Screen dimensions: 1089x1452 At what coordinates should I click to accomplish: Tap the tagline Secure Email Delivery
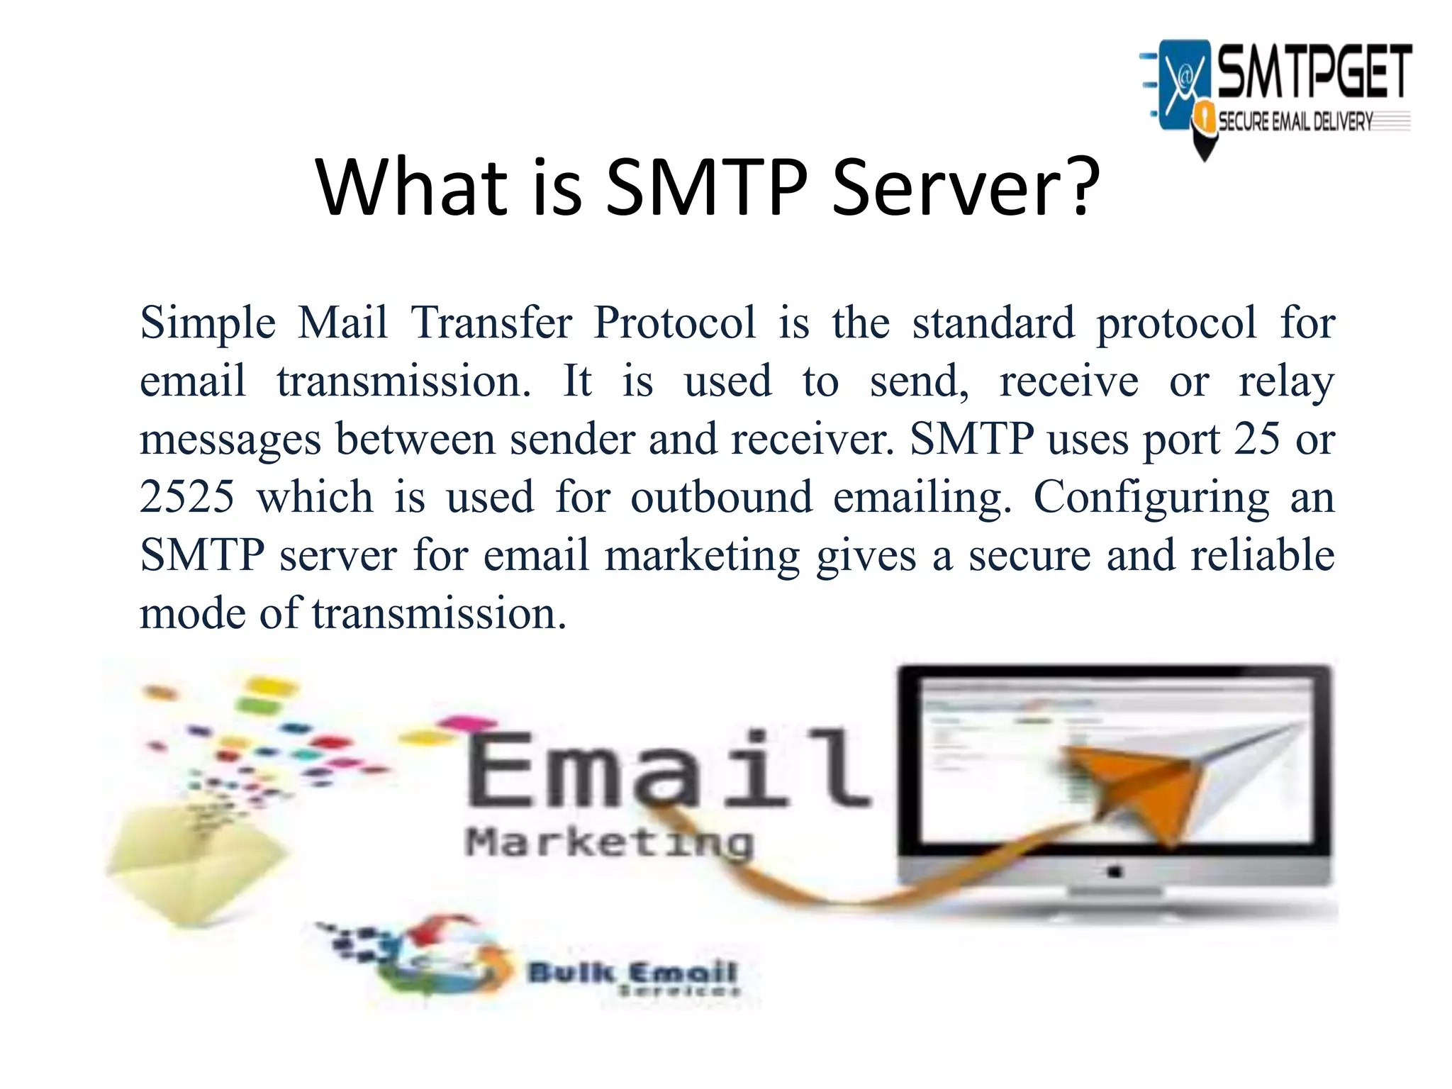tap(1295, 122)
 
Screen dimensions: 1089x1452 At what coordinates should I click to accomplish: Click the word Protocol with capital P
tap(675, 323)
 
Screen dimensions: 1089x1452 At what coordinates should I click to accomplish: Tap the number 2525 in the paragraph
tap(186, 496)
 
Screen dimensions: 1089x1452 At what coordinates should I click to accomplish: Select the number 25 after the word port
tap(1257, 439)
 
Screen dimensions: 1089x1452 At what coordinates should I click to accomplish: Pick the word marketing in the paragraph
tap(702, 556)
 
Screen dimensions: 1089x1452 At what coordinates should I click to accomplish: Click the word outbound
tap(722, 496)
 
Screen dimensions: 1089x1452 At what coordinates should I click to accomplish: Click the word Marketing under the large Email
tap(610, 844)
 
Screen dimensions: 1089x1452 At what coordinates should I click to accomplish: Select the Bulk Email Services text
tap(632, 977)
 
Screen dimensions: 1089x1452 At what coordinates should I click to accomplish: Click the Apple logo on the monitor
tap(1115, 871)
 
